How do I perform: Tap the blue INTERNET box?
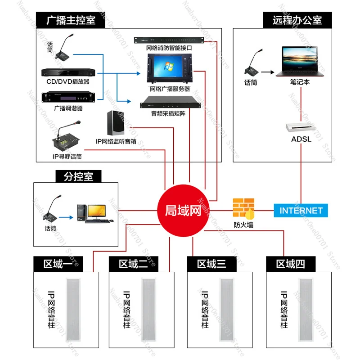tap(301, 210)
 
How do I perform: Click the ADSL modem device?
tap(301, 126)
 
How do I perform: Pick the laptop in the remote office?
tap(300, 61)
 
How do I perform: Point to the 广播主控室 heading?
tap(71, 20)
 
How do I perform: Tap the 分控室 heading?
tap(78, 176)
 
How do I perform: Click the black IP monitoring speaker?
tap(116, 122)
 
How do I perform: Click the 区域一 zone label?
tap(59, 263)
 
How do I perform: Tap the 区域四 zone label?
tap(290, 263)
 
